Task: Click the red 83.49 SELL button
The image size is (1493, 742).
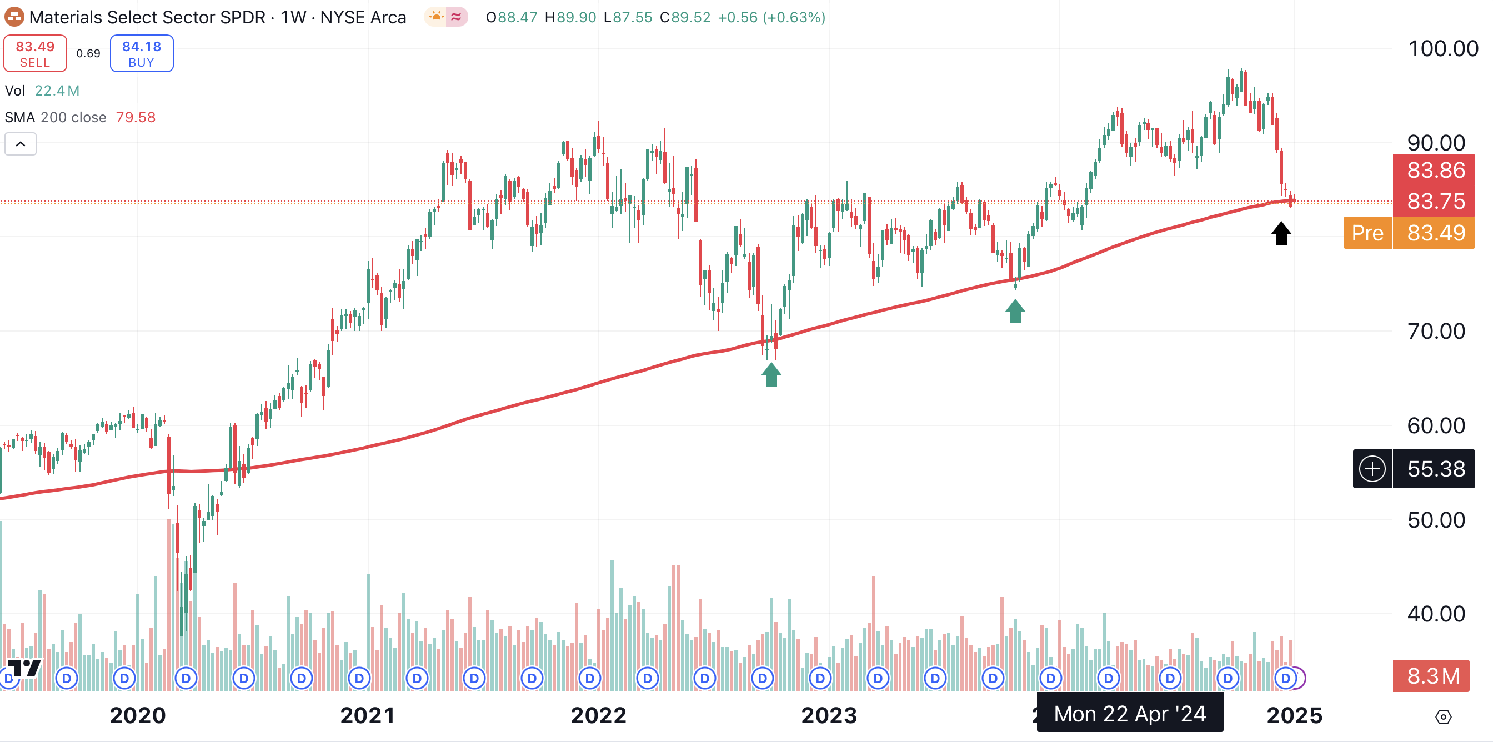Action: (35, 53)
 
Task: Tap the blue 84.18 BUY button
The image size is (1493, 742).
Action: (142, 53)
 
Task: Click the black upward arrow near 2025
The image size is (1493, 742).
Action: (1281, 234)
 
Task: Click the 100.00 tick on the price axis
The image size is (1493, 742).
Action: (1442, 49)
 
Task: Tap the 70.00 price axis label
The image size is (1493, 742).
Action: (1436, 332)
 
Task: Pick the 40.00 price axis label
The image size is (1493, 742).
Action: (1436, 614)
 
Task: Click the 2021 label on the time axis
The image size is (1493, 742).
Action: (368, 715)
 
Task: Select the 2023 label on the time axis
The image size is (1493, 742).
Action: (829, 715)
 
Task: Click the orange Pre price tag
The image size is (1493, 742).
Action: (1367, 233)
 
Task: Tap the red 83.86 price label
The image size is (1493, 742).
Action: (1435, 170)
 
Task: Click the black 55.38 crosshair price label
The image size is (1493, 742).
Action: (1435, 468)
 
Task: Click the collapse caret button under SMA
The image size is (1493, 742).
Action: (21, 144)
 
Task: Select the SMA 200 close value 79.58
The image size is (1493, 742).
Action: (136, 118)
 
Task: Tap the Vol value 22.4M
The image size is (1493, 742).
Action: (57, 91)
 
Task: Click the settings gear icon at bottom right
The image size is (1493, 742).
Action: (1442, 717)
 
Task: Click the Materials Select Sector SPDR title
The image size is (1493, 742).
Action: (147, 17)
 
